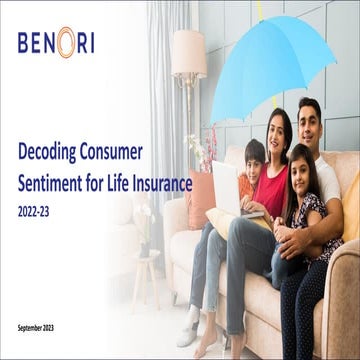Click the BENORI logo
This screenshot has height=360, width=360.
(x=56, y=44)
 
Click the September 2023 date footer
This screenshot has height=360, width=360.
(x=41, y=328)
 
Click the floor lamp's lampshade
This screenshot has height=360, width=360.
(x=188, y=54)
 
